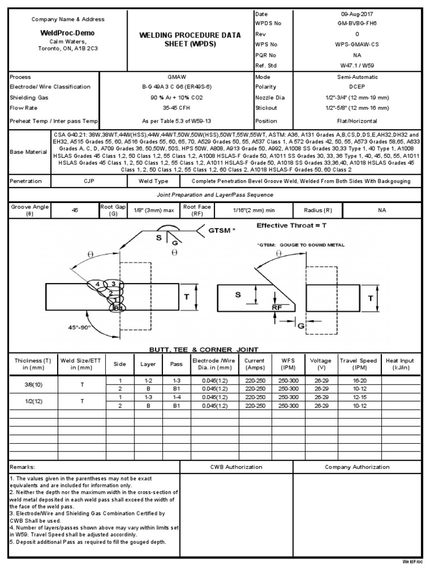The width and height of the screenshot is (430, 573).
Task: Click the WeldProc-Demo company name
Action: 68,33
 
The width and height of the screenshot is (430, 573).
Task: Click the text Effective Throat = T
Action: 290,226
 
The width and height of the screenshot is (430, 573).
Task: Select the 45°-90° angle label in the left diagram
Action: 64,327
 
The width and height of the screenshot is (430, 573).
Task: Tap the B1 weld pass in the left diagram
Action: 118,308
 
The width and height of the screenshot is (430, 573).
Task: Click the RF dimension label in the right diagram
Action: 277,307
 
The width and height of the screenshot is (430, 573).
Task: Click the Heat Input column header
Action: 400,364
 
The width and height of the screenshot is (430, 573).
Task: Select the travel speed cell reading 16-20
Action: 357,380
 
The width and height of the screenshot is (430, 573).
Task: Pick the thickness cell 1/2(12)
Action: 32,401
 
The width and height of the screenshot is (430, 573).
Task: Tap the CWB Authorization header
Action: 236,467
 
